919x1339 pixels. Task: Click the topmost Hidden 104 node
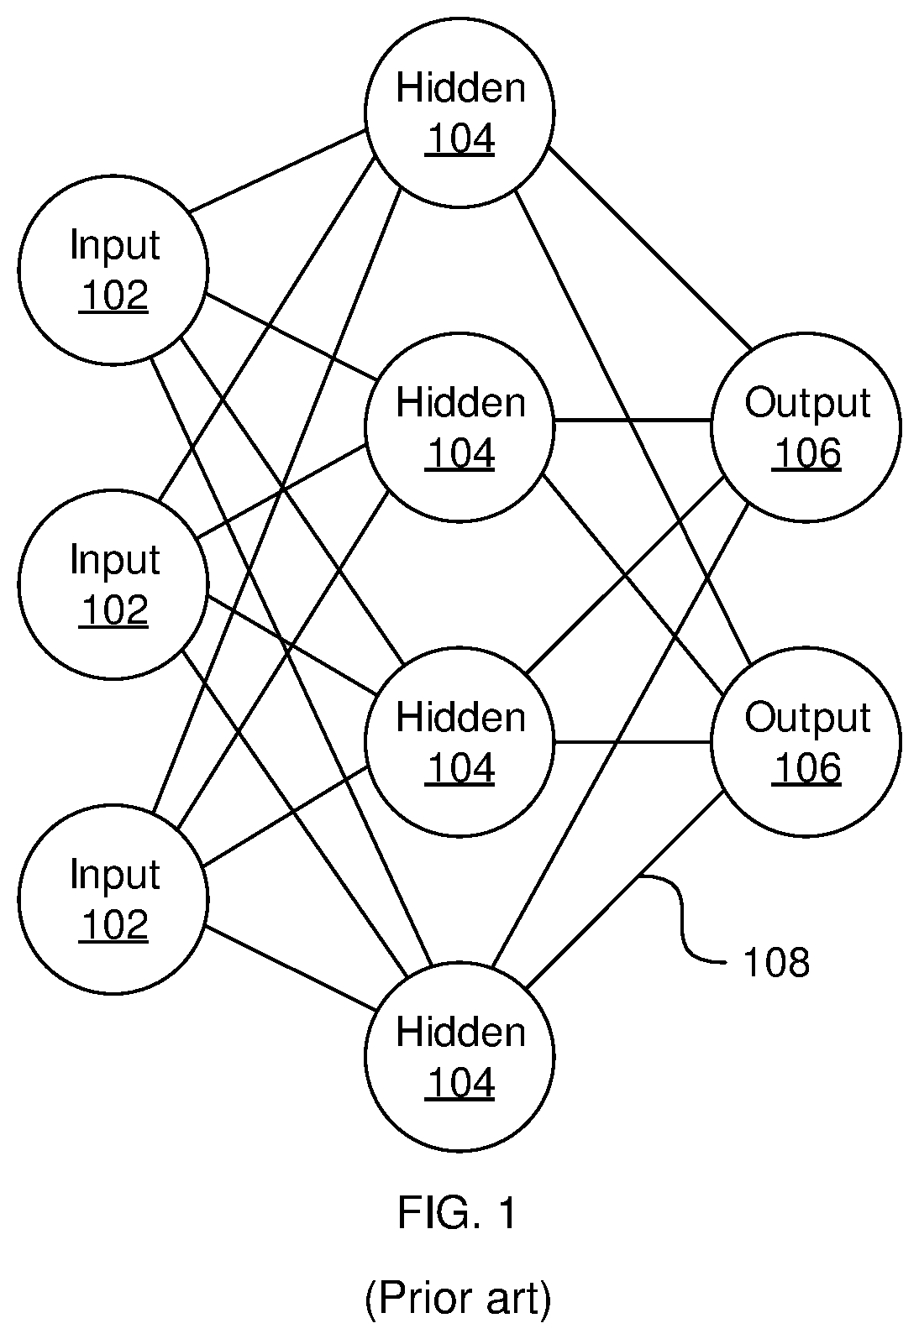click(459, 112)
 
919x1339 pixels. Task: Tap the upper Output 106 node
click(806, 427)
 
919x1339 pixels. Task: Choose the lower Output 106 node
click(806, 742)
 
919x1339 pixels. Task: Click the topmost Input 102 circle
click(113, 269)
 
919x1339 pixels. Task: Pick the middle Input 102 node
click(113, 584)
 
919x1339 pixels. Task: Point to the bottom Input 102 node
click(113, 899)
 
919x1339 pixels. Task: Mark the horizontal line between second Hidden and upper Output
click(633, 421)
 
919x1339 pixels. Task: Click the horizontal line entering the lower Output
click(633, 742)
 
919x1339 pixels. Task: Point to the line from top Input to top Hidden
click(277, 170)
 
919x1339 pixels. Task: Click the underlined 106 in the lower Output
click(806, 768)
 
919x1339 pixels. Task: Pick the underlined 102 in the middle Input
click(113, 610)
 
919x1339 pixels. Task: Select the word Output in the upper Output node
click(807, 403)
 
